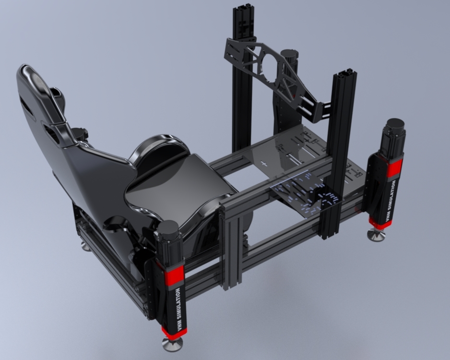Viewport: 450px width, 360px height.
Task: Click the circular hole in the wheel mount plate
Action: (x=268, y=65)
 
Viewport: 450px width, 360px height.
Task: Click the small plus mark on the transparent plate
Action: (x=263, y=164)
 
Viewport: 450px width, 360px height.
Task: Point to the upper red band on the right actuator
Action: (x=394, y=168)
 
